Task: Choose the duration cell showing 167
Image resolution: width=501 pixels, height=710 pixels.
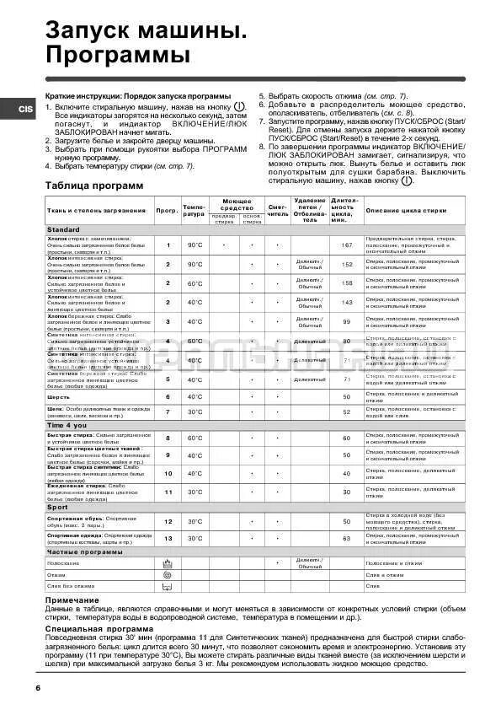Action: point(346,245)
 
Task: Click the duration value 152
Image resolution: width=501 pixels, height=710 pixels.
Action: point(346,264)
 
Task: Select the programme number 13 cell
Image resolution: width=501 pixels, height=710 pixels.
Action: point(168,537)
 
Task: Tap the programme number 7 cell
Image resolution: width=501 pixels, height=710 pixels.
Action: point(168,411)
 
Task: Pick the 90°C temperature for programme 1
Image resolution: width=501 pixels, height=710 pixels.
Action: point(195,245)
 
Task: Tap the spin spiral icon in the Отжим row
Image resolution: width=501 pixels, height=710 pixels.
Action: point(168,573)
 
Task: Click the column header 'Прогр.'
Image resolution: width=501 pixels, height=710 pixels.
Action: point(166,210)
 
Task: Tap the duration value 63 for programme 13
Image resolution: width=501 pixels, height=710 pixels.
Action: point(346,537)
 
